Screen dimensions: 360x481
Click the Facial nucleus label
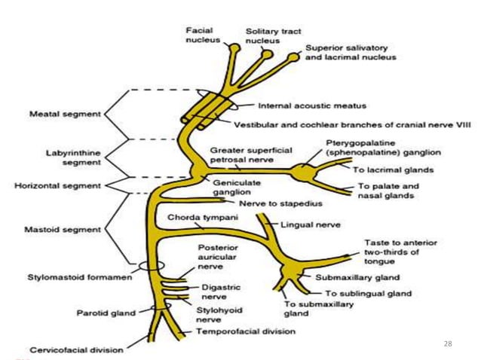(203, 34)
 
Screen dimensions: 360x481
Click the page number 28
(448, 343)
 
